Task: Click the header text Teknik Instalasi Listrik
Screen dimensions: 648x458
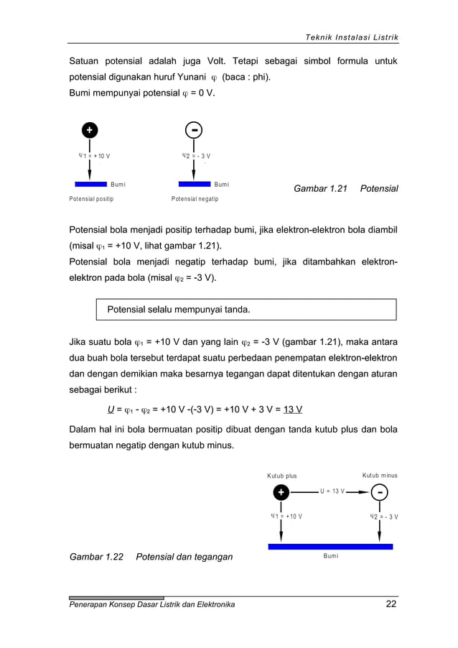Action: [350, 37]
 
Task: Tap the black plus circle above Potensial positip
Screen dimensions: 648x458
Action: [89, 130]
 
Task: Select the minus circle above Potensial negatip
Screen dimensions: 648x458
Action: [194, 130]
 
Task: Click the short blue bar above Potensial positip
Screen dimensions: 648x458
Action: [90, 184]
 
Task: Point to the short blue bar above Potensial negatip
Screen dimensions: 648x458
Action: [195, 184]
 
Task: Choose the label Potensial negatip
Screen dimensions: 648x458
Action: [195, 198]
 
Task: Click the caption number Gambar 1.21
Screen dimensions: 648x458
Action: [320, 188]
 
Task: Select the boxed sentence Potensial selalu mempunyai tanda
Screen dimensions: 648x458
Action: [179, 310]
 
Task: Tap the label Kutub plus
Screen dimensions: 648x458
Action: [281, 476]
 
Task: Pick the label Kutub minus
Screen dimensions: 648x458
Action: [380, 476]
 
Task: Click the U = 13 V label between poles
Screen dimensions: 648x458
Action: [332, 491]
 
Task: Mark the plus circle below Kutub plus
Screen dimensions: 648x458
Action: [281, 492]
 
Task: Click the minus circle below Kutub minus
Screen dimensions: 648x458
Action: [380, 492]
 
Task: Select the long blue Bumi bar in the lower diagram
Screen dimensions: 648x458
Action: [330, 547]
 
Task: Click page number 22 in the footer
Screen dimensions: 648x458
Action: [391, 604]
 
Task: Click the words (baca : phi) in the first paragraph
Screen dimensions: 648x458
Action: [249, 76]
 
